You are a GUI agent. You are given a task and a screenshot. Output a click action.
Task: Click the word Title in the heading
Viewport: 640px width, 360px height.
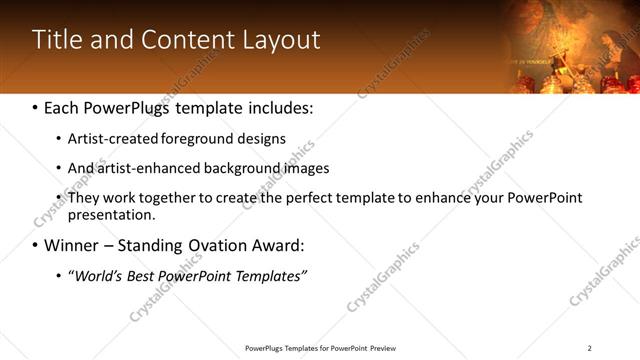(x=59, y=40)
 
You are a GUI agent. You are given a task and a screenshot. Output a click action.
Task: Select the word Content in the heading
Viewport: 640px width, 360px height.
(x=191, y=40)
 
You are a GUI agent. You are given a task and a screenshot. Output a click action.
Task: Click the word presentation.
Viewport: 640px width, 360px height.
(x=110, y=215)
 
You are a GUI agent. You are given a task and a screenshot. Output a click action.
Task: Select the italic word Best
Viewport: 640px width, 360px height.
(x=145, y=275)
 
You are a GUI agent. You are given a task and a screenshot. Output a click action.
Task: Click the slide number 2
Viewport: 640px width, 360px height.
(x=590, y=348)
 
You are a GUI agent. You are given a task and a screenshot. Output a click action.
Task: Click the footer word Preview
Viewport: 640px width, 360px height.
(x=383, y=348)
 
